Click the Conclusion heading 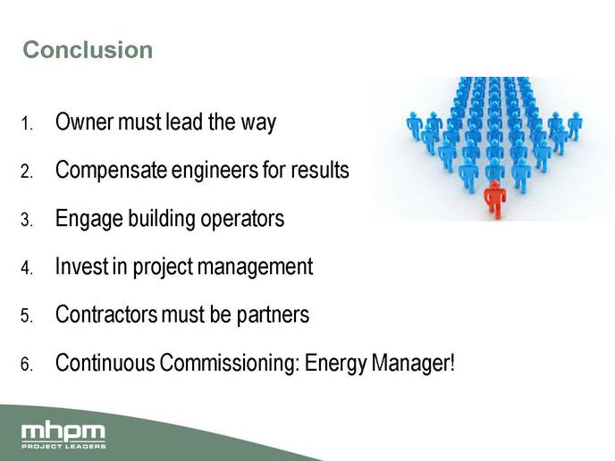pos(88,50)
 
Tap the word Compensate pos(111,171)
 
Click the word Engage pos(89,219)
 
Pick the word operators pos(242,219)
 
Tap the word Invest pos(81,266)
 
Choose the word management pos(255,267)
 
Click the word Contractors pos(106,314)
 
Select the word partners pos(273,315)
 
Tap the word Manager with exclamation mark pos(413,363)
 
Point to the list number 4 pos(27,268)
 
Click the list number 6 pos(27,365)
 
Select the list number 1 pos(27,123)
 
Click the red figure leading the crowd pos(495,198)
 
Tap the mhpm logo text pos(63,432)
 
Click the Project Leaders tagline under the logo pos(63,446)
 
